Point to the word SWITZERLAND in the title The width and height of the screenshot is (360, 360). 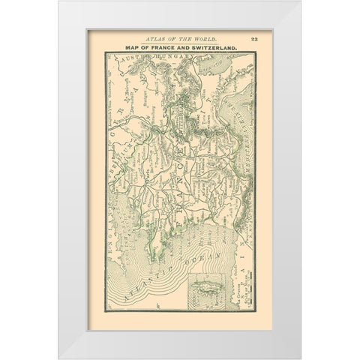pyautogui.click(x=217, y=48)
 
